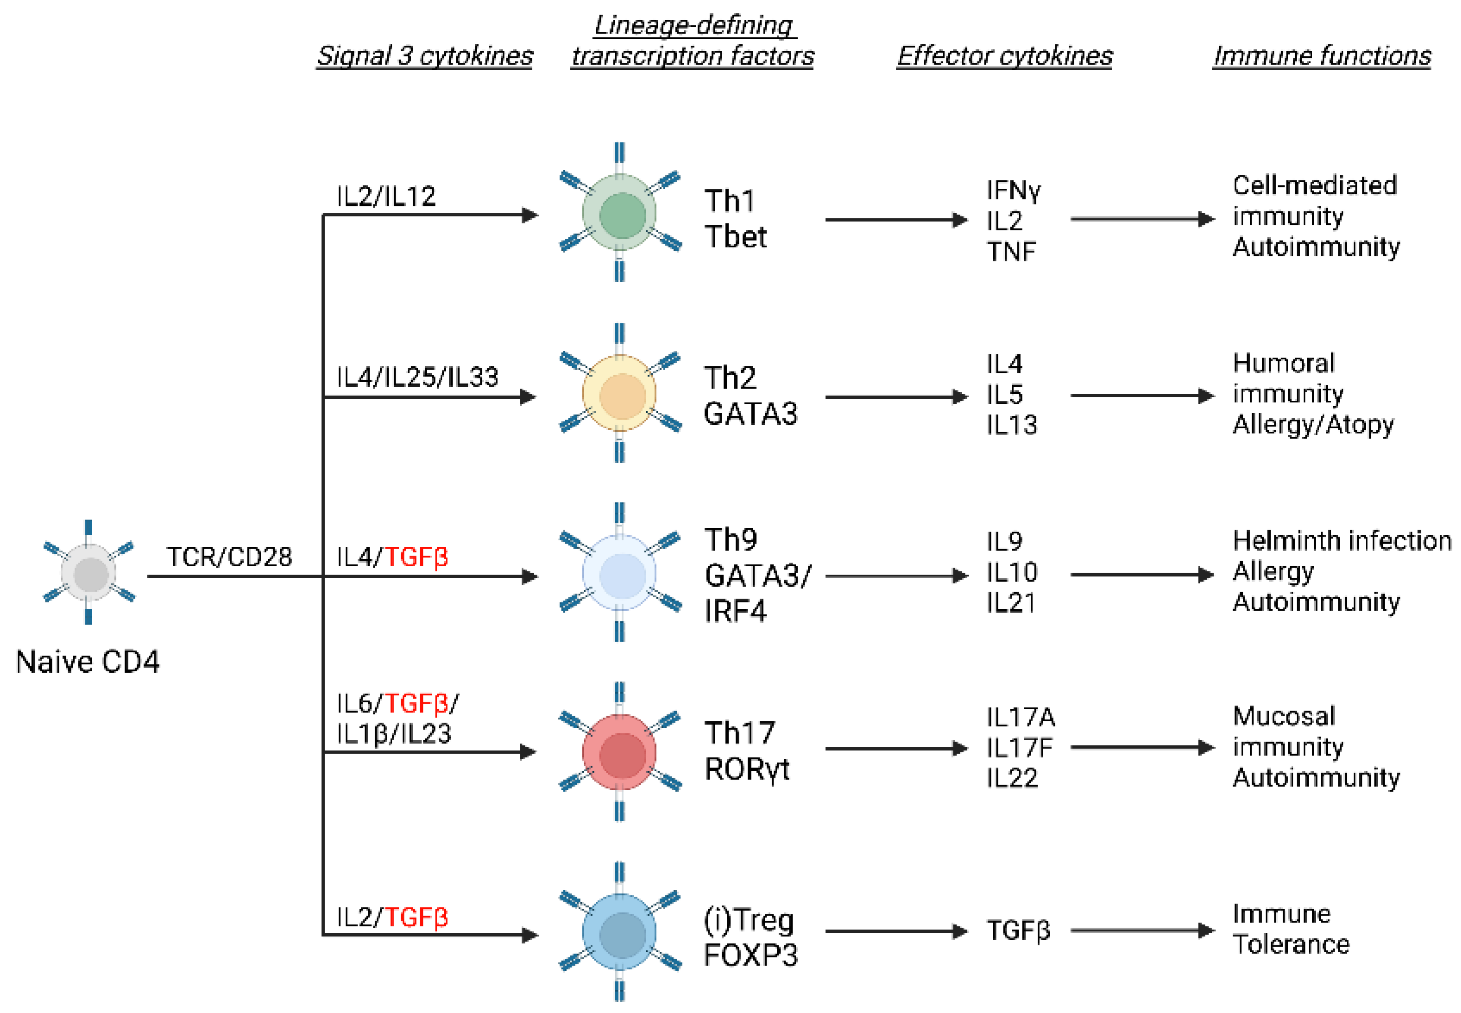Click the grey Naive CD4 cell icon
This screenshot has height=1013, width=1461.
[88, 573]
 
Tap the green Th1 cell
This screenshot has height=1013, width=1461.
[620, 215]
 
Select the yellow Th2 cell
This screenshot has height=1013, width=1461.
[620, 394]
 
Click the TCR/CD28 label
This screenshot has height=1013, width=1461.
[229, 557]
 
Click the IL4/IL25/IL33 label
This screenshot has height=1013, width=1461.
[417, 377]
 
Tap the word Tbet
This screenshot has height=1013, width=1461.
[735, 237]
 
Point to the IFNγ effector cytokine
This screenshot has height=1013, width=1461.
[1014, 190]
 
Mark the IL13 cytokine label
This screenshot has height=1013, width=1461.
[1011, 424]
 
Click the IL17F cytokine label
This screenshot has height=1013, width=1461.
[1019, 748]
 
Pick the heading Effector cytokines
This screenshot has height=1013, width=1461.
[1004, 56]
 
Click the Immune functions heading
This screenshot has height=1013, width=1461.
[1322, 56]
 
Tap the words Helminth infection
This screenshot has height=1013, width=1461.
[1342, 541]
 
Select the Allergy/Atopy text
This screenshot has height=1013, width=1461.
[1313, 424]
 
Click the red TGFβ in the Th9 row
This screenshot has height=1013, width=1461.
[416, 557]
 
